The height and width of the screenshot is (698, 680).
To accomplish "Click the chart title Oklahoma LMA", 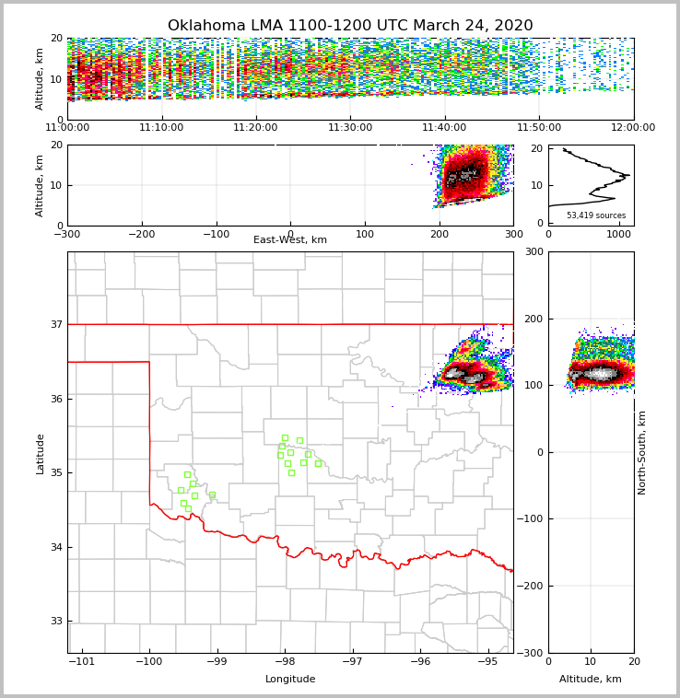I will [x=350, y=26].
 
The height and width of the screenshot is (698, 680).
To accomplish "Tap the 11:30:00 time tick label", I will [x=350, y=128].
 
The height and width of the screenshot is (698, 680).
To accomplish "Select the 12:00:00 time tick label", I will [x=633, y=128].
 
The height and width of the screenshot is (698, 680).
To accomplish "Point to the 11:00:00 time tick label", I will [x=67, y=128].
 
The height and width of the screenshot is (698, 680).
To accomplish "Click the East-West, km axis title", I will [x=290, y=240].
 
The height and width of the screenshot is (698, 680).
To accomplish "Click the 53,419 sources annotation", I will [x=596, y=215].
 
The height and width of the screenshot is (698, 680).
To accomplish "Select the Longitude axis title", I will [x=290, y=680].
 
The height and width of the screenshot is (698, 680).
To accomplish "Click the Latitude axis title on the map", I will [x=40, y=453].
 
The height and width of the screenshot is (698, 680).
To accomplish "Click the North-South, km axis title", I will [x=642, y=452].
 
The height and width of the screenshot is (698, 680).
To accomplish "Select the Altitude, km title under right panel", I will [x=591, y=680].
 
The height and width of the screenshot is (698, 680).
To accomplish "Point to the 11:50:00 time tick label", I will [x=539, y=128].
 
